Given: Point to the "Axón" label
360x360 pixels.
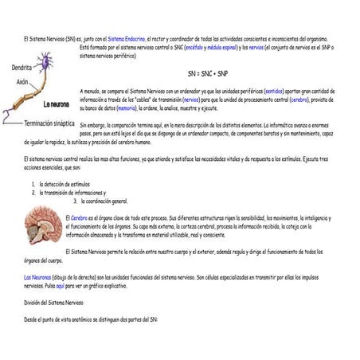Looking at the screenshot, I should [x=22, y=82].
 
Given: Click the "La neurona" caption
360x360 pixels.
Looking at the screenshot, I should [x=57, y=104].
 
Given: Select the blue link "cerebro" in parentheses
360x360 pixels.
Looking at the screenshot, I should [x=299, y=100].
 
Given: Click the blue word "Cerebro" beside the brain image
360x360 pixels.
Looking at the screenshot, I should [x=80, y=217].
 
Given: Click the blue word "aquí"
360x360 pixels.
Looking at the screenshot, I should [x=60, y=284].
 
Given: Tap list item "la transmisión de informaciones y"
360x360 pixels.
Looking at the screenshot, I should [x=72, y=193].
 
